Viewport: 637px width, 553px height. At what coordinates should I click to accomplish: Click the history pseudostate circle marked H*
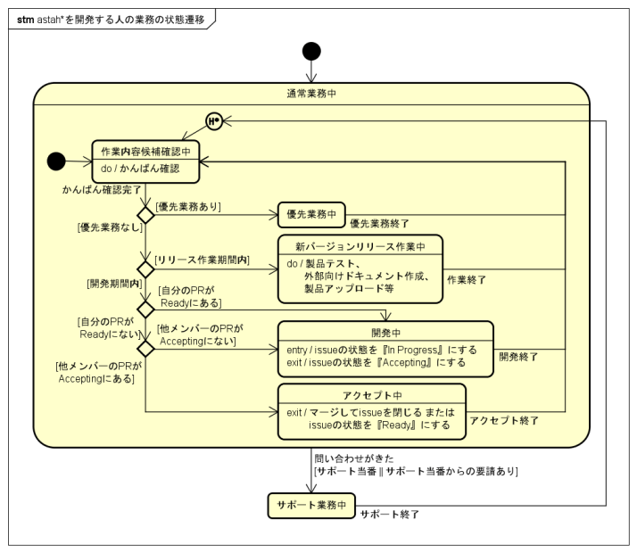(x=213, y=120)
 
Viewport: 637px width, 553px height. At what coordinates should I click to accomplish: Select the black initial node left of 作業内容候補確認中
(x=56, y=161)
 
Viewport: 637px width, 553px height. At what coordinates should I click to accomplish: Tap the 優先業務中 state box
(x=310, y=214)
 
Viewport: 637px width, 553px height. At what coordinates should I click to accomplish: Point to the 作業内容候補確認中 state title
(x=145, y=152)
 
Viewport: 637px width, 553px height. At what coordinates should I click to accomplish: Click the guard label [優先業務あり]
(x=188, y=207)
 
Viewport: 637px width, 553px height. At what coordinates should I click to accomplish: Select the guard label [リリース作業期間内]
(x=203, y=260)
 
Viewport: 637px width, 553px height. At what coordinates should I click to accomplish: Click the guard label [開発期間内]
(x=114, y=284)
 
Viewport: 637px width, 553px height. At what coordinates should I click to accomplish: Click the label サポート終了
(x=389, y=515)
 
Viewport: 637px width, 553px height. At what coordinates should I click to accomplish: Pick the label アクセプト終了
(x=502, y=420)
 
